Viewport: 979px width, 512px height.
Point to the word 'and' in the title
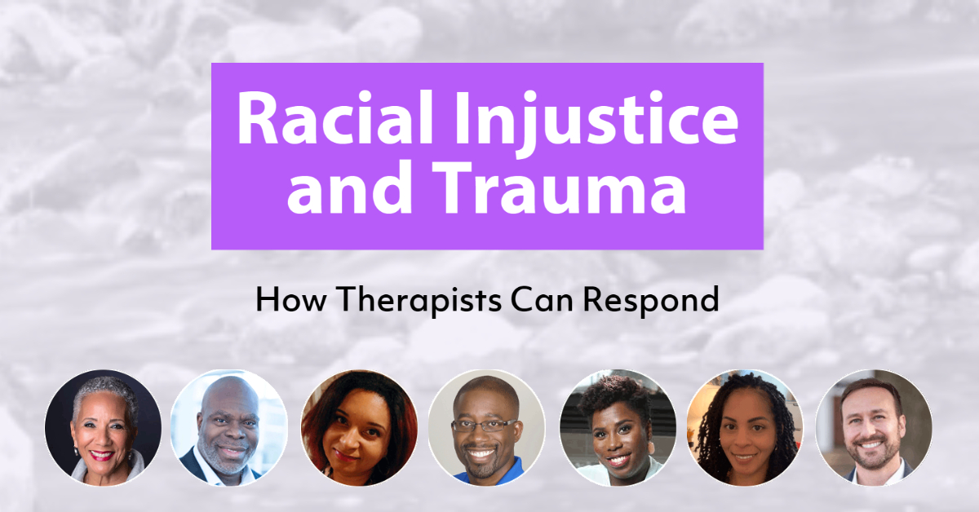click(350, 192)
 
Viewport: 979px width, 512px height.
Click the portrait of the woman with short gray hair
click(104, 428)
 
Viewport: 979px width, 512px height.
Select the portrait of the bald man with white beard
click(229, 428)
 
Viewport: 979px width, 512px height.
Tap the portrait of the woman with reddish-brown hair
click(359, 428)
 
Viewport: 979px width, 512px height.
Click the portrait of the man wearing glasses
click(487, 428)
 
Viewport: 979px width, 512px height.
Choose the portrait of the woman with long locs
click(745, 428)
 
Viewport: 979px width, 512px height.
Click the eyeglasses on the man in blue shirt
click(487, 426)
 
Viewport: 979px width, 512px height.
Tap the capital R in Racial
click(255, 120)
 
